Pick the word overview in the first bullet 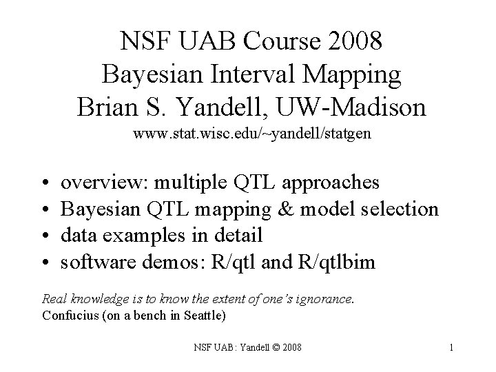coord(103,183)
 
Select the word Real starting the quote coord(54,300)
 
